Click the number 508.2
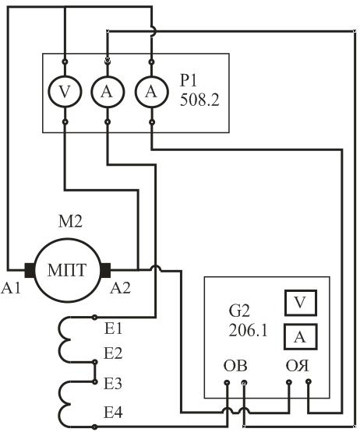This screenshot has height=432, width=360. (x=199, y=100)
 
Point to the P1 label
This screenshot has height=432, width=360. (x=189, y=81)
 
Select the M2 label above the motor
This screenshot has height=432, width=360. (x=70, y=222)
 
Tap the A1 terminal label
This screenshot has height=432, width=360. (x=11, y=288)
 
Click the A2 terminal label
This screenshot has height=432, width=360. (x=120, y=288)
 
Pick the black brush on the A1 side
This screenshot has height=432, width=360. (x=30, y=270)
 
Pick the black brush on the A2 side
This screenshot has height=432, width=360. (x=105, y=270)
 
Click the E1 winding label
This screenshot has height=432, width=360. (x=113, y=328)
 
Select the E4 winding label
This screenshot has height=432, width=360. (x=113, y=413)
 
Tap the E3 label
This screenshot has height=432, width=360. (x=113, y=383)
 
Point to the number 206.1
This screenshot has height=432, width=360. (x=248, y=330)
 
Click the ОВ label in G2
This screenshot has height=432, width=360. (x=235, y=366)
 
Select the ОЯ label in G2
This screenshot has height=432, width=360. (x=298, y=366)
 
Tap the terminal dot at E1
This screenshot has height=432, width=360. (x=94, y=318)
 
